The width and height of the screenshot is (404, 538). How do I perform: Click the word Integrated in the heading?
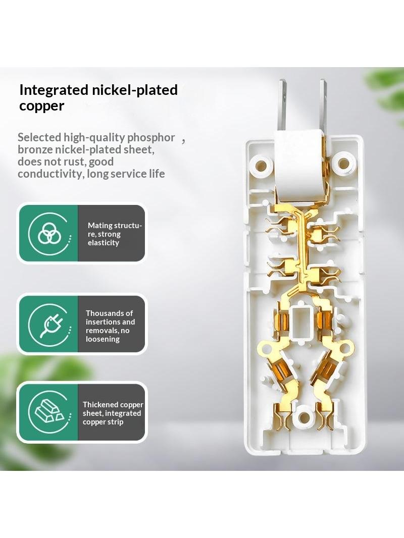54,90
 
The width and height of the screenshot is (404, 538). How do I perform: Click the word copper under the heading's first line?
41,105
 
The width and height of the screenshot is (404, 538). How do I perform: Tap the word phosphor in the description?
151,138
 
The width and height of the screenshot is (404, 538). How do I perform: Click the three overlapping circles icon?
49,233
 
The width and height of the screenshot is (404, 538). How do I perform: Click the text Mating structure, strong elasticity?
115,234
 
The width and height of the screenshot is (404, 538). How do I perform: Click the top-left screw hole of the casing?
261,165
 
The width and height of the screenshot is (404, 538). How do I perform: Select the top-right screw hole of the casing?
343,164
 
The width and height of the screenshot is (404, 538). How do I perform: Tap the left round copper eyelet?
265,349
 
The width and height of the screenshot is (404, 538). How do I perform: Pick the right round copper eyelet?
344,349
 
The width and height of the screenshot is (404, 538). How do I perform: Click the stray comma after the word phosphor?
184,141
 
